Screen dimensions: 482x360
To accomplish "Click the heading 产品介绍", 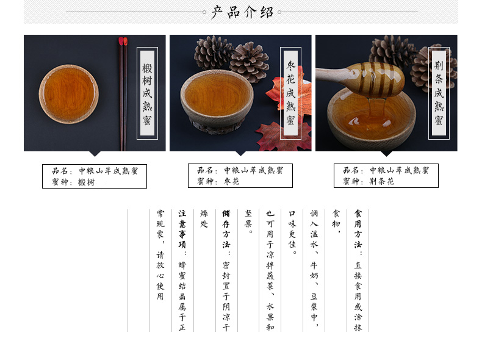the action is [242, 12].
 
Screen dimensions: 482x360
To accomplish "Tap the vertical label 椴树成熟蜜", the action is [147, 93].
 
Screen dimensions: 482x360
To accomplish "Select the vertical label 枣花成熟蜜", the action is [290, 93].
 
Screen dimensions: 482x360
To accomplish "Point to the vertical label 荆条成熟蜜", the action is [439, 93].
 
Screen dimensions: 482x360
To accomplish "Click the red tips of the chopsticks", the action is [123, 41].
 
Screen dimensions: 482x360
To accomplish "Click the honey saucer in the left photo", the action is [68, 94].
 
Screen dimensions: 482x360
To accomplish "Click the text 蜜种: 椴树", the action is [73, 182].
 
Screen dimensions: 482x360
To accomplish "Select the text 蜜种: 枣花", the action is [218, 181].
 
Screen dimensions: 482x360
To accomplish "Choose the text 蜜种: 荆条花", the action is [369, 181].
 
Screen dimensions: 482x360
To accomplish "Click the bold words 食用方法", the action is [358, 229].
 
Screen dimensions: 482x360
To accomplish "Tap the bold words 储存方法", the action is [226, 229].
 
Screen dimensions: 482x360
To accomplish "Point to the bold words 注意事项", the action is [182, 229].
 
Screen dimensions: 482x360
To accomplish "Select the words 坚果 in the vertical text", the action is [248, 219].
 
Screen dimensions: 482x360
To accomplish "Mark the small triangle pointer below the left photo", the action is [95, 153].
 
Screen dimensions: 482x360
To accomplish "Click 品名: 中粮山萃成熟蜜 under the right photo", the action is [386, 170].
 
